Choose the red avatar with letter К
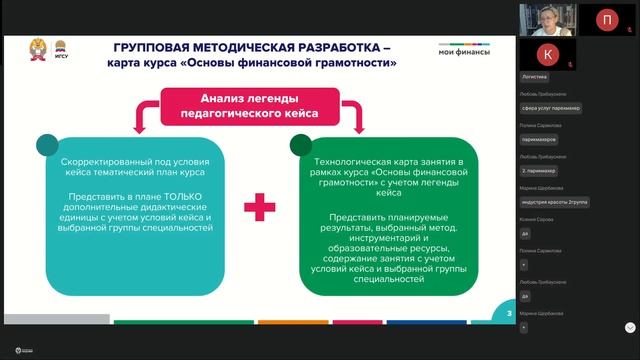544,53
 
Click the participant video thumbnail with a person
544,18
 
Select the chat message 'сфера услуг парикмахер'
551,108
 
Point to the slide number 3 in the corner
510,315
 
